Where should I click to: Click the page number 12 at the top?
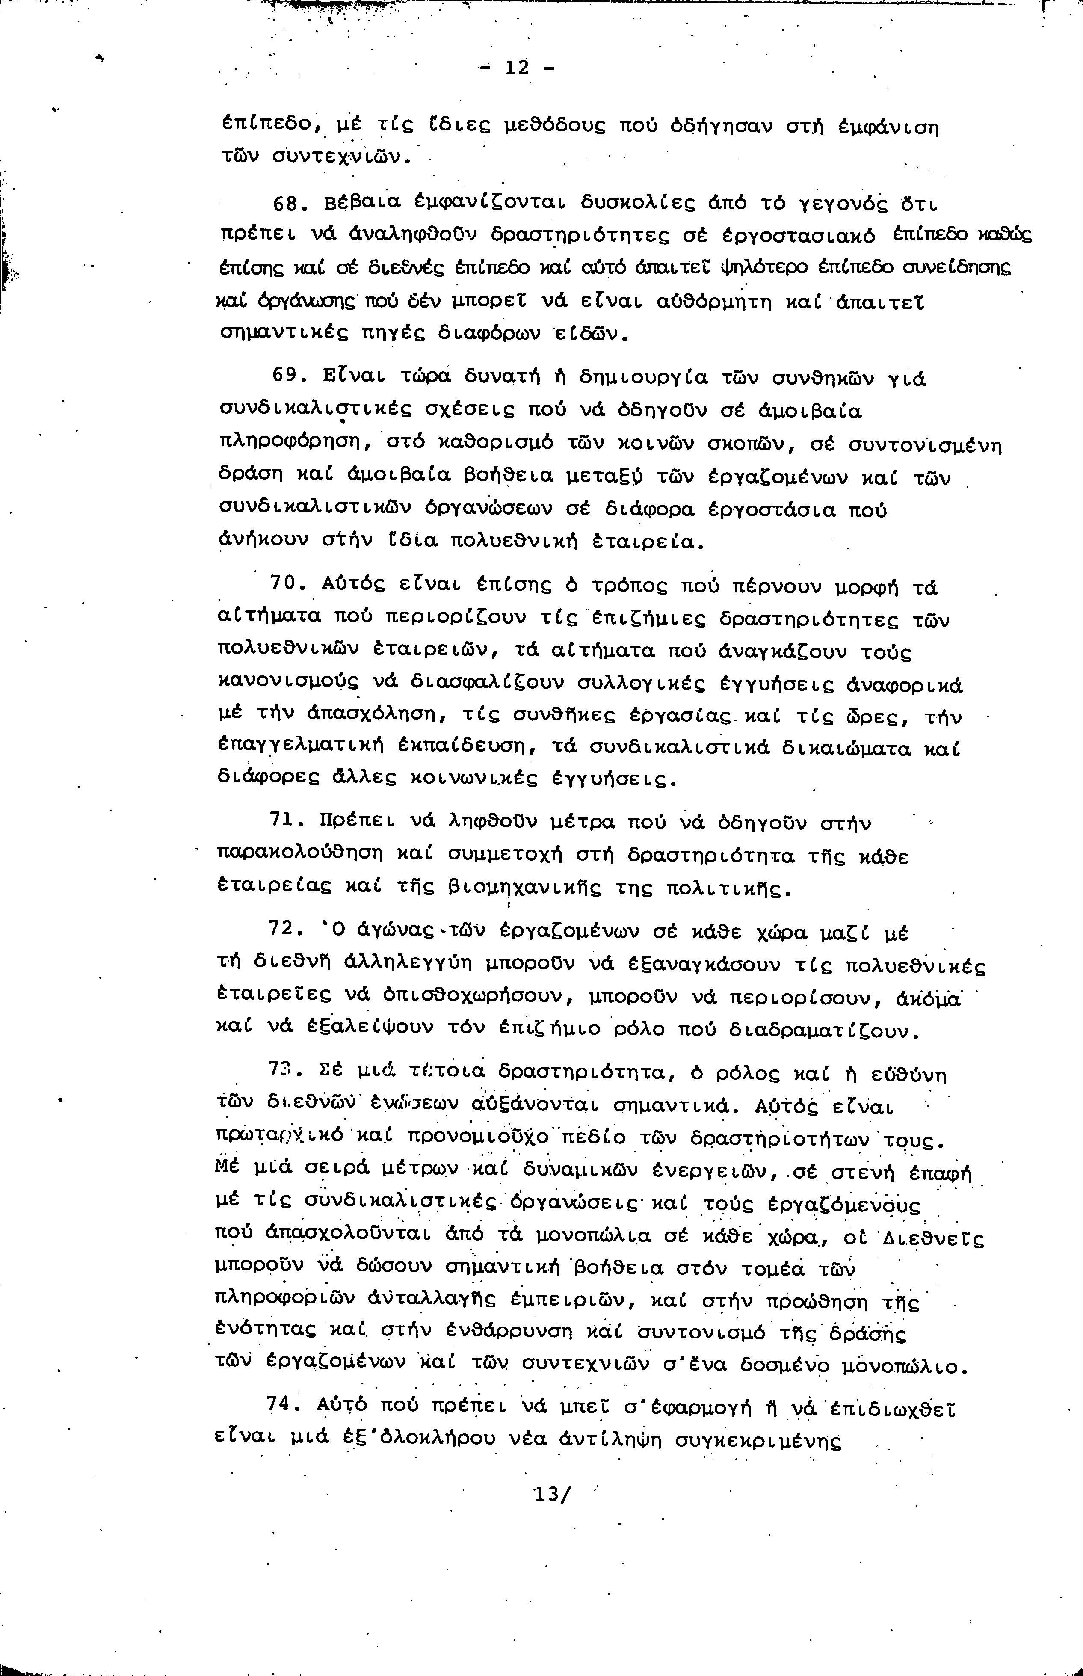tap(517, 68)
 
